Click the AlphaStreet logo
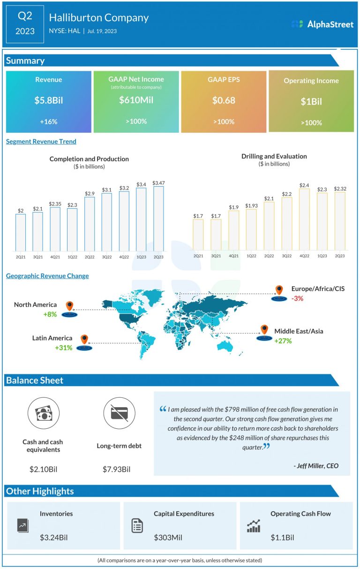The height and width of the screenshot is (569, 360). tap(322, 24)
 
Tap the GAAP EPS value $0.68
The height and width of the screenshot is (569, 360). tap(224, 100)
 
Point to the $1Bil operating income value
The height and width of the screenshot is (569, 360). tap(311, 102)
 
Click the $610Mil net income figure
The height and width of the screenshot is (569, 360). tap(136, 99)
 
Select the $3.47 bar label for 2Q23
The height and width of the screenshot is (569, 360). tap(159, 182)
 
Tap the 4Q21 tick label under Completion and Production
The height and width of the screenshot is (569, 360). tap(55, 257)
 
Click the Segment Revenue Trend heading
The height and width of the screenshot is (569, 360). tap(41, 141)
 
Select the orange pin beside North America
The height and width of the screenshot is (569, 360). tap(70, 306)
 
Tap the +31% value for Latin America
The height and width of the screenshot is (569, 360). tap(64, 348)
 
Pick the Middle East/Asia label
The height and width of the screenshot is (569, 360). tap(299, 331)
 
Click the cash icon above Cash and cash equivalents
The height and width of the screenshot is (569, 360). tap(43, 413)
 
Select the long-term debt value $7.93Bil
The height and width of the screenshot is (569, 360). tap(116, 469)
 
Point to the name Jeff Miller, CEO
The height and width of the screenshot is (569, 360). tap(315, 466)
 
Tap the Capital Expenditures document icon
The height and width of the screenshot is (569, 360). tap(137, 525)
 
